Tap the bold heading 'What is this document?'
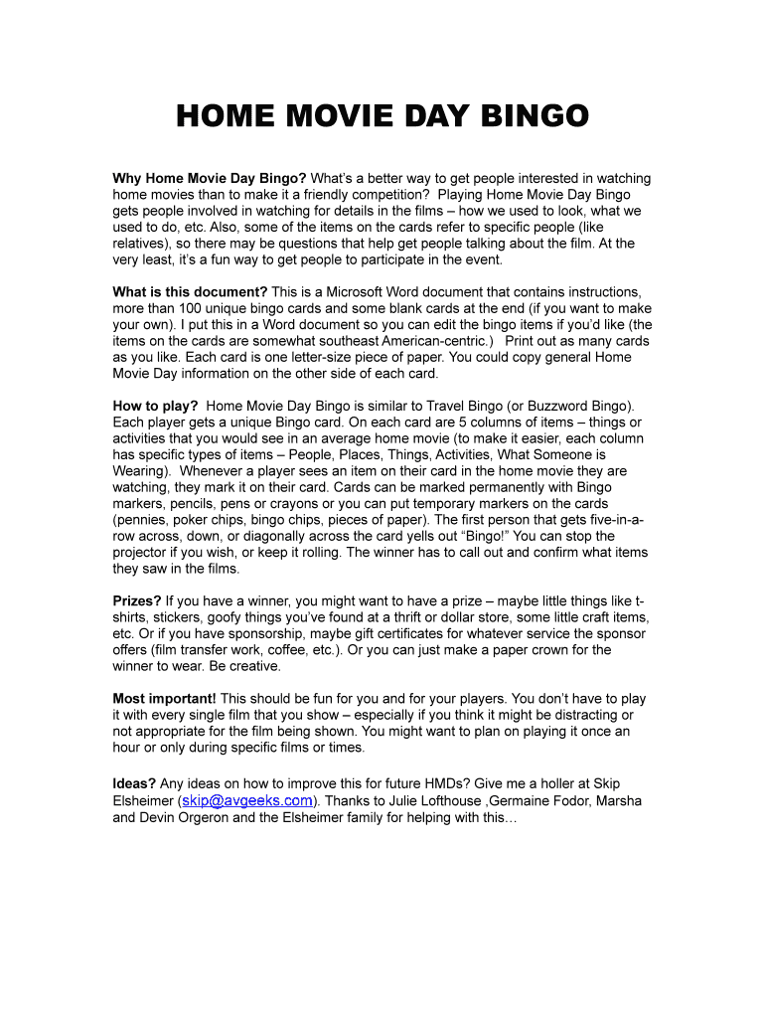(190, 292)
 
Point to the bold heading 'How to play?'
(155, 406)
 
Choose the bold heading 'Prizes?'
(137, 600)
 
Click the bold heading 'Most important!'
(164, 699)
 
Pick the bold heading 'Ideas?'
(134, 784)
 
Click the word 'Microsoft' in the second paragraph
(358, 292)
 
